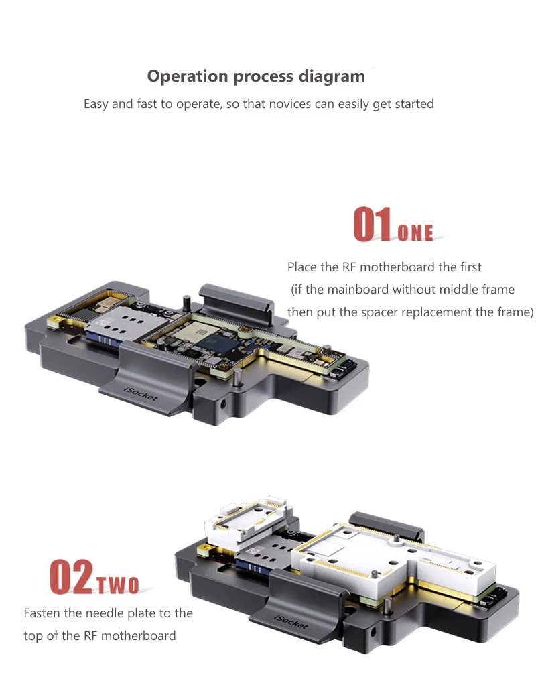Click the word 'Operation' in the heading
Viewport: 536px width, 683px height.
(188, 76)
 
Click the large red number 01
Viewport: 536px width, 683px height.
(373, 224)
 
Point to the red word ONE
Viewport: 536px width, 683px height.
(415, 233)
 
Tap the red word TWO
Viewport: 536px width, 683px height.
(117, 585)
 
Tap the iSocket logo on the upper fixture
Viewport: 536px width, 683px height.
(141, 393)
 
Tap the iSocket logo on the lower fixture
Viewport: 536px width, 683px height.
(291, 621)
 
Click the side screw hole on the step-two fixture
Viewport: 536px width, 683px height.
(373, 631)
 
